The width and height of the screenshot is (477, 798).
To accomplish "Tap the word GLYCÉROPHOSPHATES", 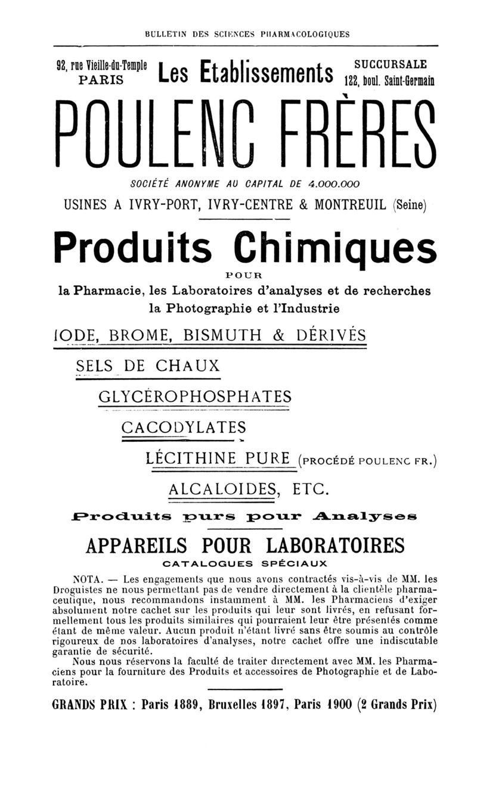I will point(195,396).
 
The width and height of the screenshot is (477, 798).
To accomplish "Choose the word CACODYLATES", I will point(184,427).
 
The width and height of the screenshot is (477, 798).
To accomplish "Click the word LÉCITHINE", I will point(191,459).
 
